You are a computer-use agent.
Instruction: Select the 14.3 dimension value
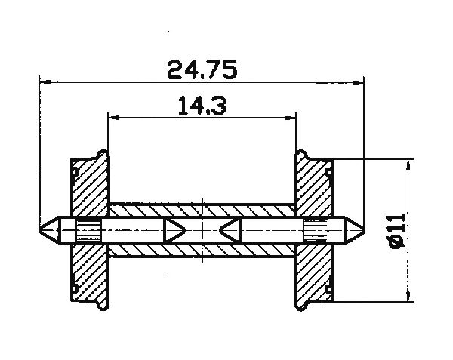point(202,106)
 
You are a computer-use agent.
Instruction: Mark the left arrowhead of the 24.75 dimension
point(43,81)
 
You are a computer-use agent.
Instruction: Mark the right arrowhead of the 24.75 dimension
point(359,81)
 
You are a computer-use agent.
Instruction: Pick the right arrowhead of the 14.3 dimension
point(291,117)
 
